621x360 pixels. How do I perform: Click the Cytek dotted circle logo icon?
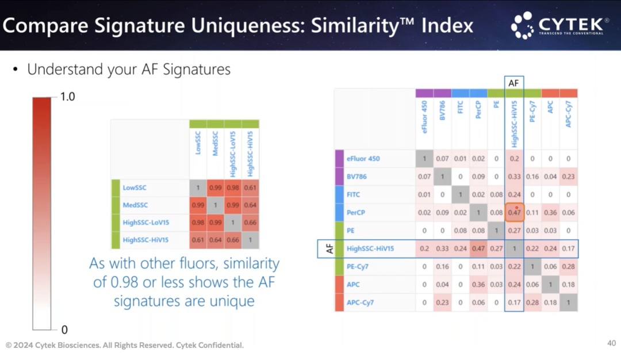(522, 25)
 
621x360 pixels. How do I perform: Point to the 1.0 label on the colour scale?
(67, 97)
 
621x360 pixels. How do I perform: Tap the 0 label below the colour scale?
(64, 330)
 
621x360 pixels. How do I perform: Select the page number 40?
(611, 343)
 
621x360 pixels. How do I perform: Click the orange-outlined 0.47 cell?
(515, 212)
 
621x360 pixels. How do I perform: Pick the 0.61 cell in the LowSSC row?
(250, 187)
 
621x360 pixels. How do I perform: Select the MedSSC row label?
(135, 205)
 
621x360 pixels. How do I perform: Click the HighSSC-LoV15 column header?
(233, 154)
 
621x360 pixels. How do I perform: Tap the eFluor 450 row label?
(363, 158)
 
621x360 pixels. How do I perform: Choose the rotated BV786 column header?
(442, 110)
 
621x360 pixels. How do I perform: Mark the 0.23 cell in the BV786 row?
(568, 177)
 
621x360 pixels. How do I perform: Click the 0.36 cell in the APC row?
(478, 284)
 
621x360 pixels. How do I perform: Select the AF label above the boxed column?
(513, 83)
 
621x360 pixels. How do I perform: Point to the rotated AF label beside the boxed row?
(329, 248)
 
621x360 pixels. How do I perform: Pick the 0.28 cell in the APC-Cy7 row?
(532, 302)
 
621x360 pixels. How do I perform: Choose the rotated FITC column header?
(460, 107)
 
